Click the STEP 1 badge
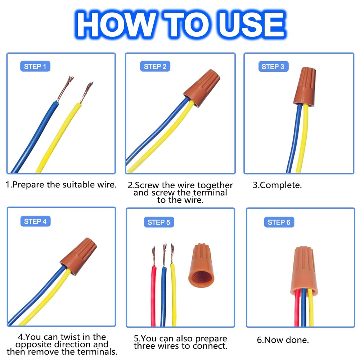tap(35, 66)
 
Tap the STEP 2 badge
tap(155, 66)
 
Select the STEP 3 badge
tap(273, 67)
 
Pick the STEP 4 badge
tap(35, 221)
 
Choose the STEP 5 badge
tap(159, 222)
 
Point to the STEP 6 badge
tap(279, 222)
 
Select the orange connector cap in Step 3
tap(305, 87)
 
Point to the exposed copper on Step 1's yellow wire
tap(86, 92)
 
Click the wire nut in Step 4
tap(78, 256)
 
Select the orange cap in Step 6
tap(304, 271)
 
